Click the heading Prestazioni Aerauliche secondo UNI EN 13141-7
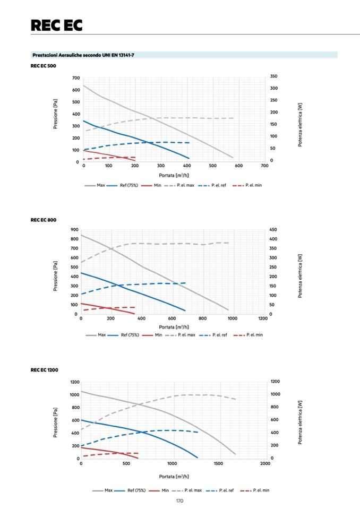click(83, 55)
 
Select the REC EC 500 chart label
click(44, 66)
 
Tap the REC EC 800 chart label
click(44, 219)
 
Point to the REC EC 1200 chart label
click(45, 369)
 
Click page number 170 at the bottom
click(179, 501)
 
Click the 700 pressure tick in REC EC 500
click(76, 78)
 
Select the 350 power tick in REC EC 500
click(273, 76)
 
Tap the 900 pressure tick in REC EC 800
click(74, 230)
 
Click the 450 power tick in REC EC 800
click(273, 229)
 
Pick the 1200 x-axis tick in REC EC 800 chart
click(263, 318)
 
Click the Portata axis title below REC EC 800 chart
click(171, 326)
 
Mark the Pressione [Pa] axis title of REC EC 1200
click(55, 422)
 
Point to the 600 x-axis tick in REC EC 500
click(239, 166)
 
